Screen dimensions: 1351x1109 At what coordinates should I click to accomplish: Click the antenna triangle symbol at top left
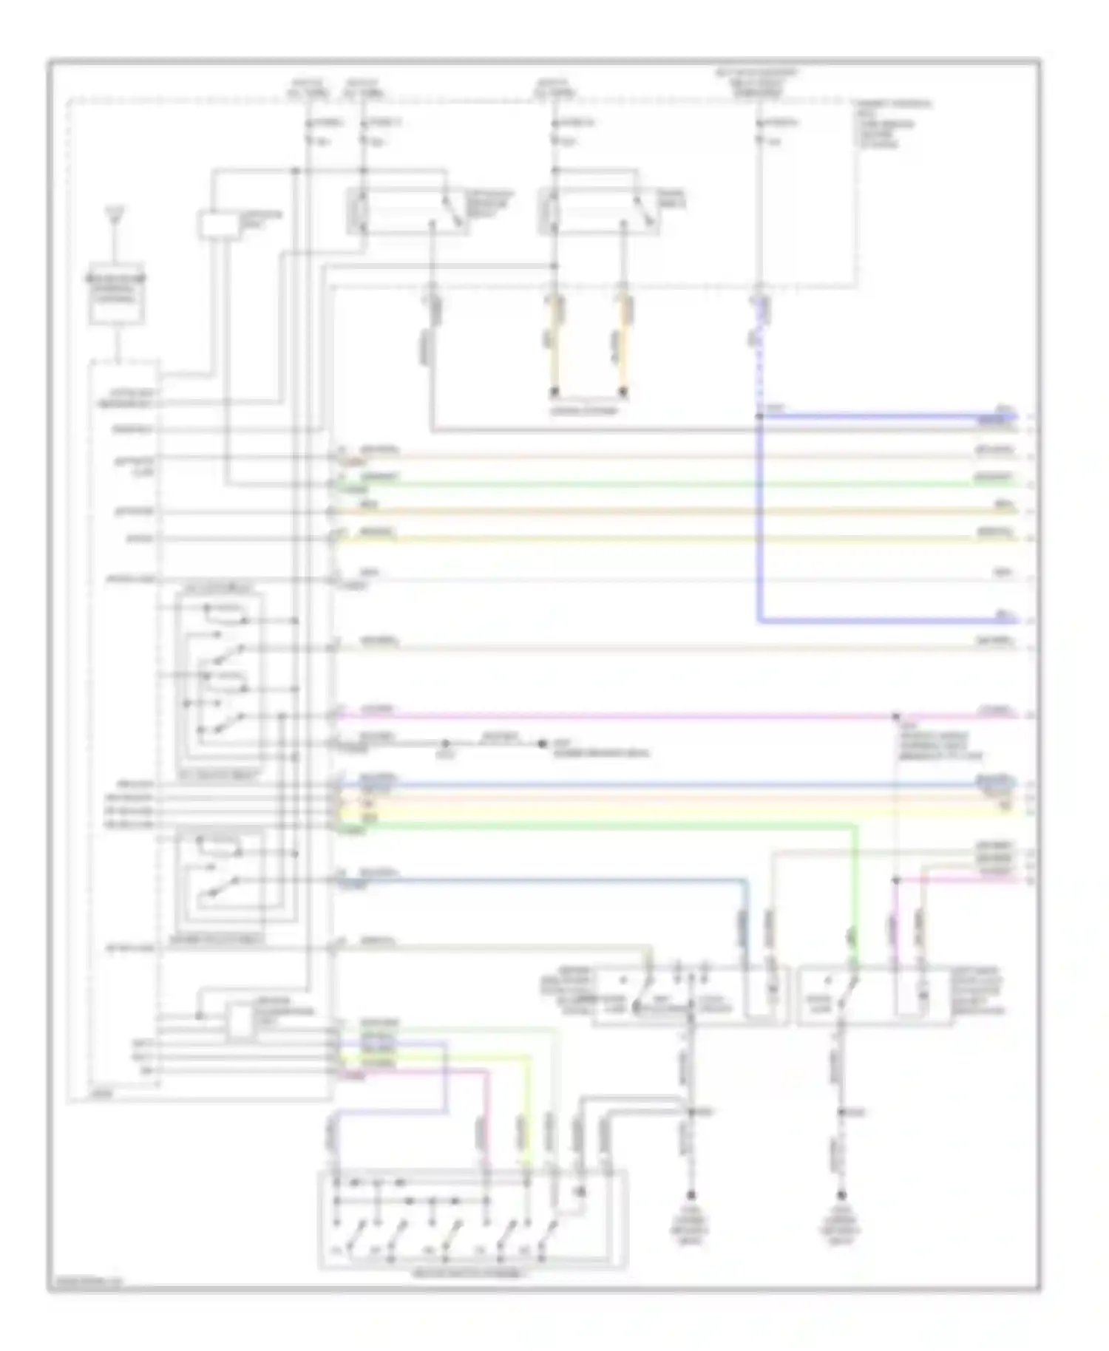pos(115,215)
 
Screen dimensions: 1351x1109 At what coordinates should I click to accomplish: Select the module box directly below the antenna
pos(117,294)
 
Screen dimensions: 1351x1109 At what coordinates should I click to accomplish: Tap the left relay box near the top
pos(407,211)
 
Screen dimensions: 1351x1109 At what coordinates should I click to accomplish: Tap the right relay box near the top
pos(599,211)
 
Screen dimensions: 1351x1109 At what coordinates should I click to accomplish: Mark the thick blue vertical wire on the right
pos(759,517)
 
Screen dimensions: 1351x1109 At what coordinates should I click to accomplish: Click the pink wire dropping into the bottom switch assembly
pos(486,1123)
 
